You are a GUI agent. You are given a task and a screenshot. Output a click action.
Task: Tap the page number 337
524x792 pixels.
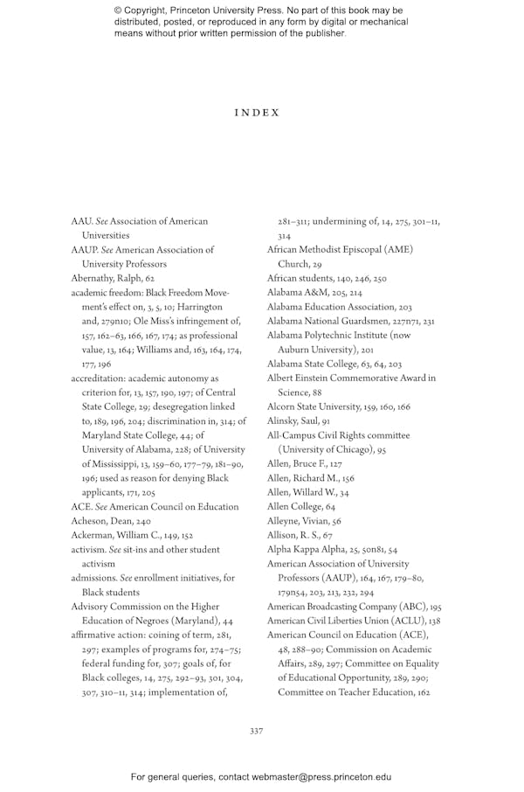click(x=257, y=731)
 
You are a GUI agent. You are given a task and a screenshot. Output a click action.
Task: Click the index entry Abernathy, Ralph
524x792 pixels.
click(x=113, y=279)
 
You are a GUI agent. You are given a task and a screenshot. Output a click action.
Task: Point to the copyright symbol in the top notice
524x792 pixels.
click(x=118, y=11)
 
